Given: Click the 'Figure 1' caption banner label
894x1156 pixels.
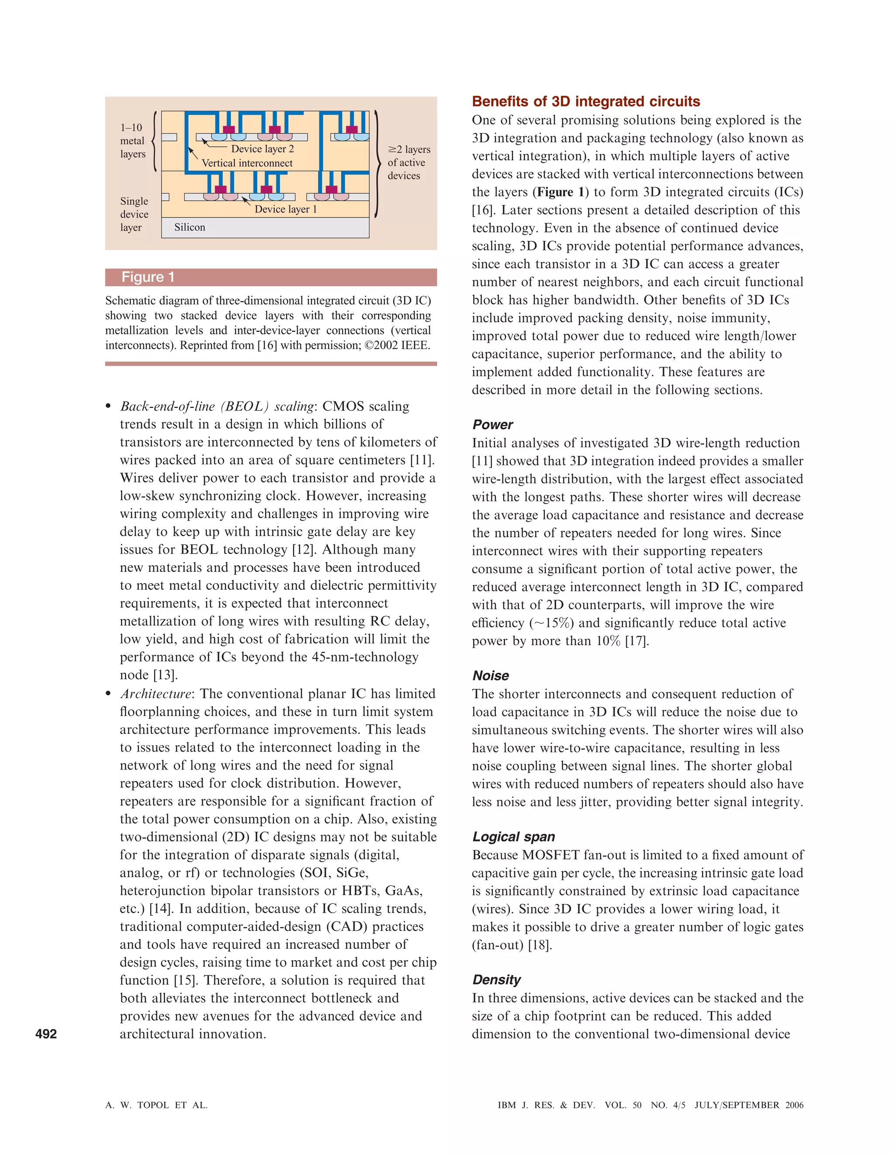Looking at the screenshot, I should click(148, 277).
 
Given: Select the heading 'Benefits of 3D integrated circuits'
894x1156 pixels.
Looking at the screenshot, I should click(586, 101).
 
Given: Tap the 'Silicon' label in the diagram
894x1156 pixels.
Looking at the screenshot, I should click(189, 227).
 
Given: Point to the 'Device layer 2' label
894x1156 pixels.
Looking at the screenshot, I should click(262, 149).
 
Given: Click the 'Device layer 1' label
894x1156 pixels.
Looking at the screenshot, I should click(285, 209).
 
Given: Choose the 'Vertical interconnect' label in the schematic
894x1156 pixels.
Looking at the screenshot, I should click(247, 163).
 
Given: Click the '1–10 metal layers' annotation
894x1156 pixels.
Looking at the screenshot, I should click(132, 141).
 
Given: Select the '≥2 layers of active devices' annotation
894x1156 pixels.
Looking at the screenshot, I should click(408, 163).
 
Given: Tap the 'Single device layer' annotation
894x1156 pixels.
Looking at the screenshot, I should click(134, 214).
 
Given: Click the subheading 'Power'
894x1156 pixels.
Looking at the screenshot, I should click(492, 424).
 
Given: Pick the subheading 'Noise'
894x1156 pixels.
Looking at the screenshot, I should click(490, 675).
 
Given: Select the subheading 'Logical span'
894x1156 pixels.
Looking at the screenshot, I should click(513, 836).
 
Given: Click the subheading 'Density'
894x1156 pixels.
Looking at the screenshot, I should click(496, 979).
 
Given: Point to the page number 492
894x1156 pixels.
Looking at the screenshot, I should click(46, 1034).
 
